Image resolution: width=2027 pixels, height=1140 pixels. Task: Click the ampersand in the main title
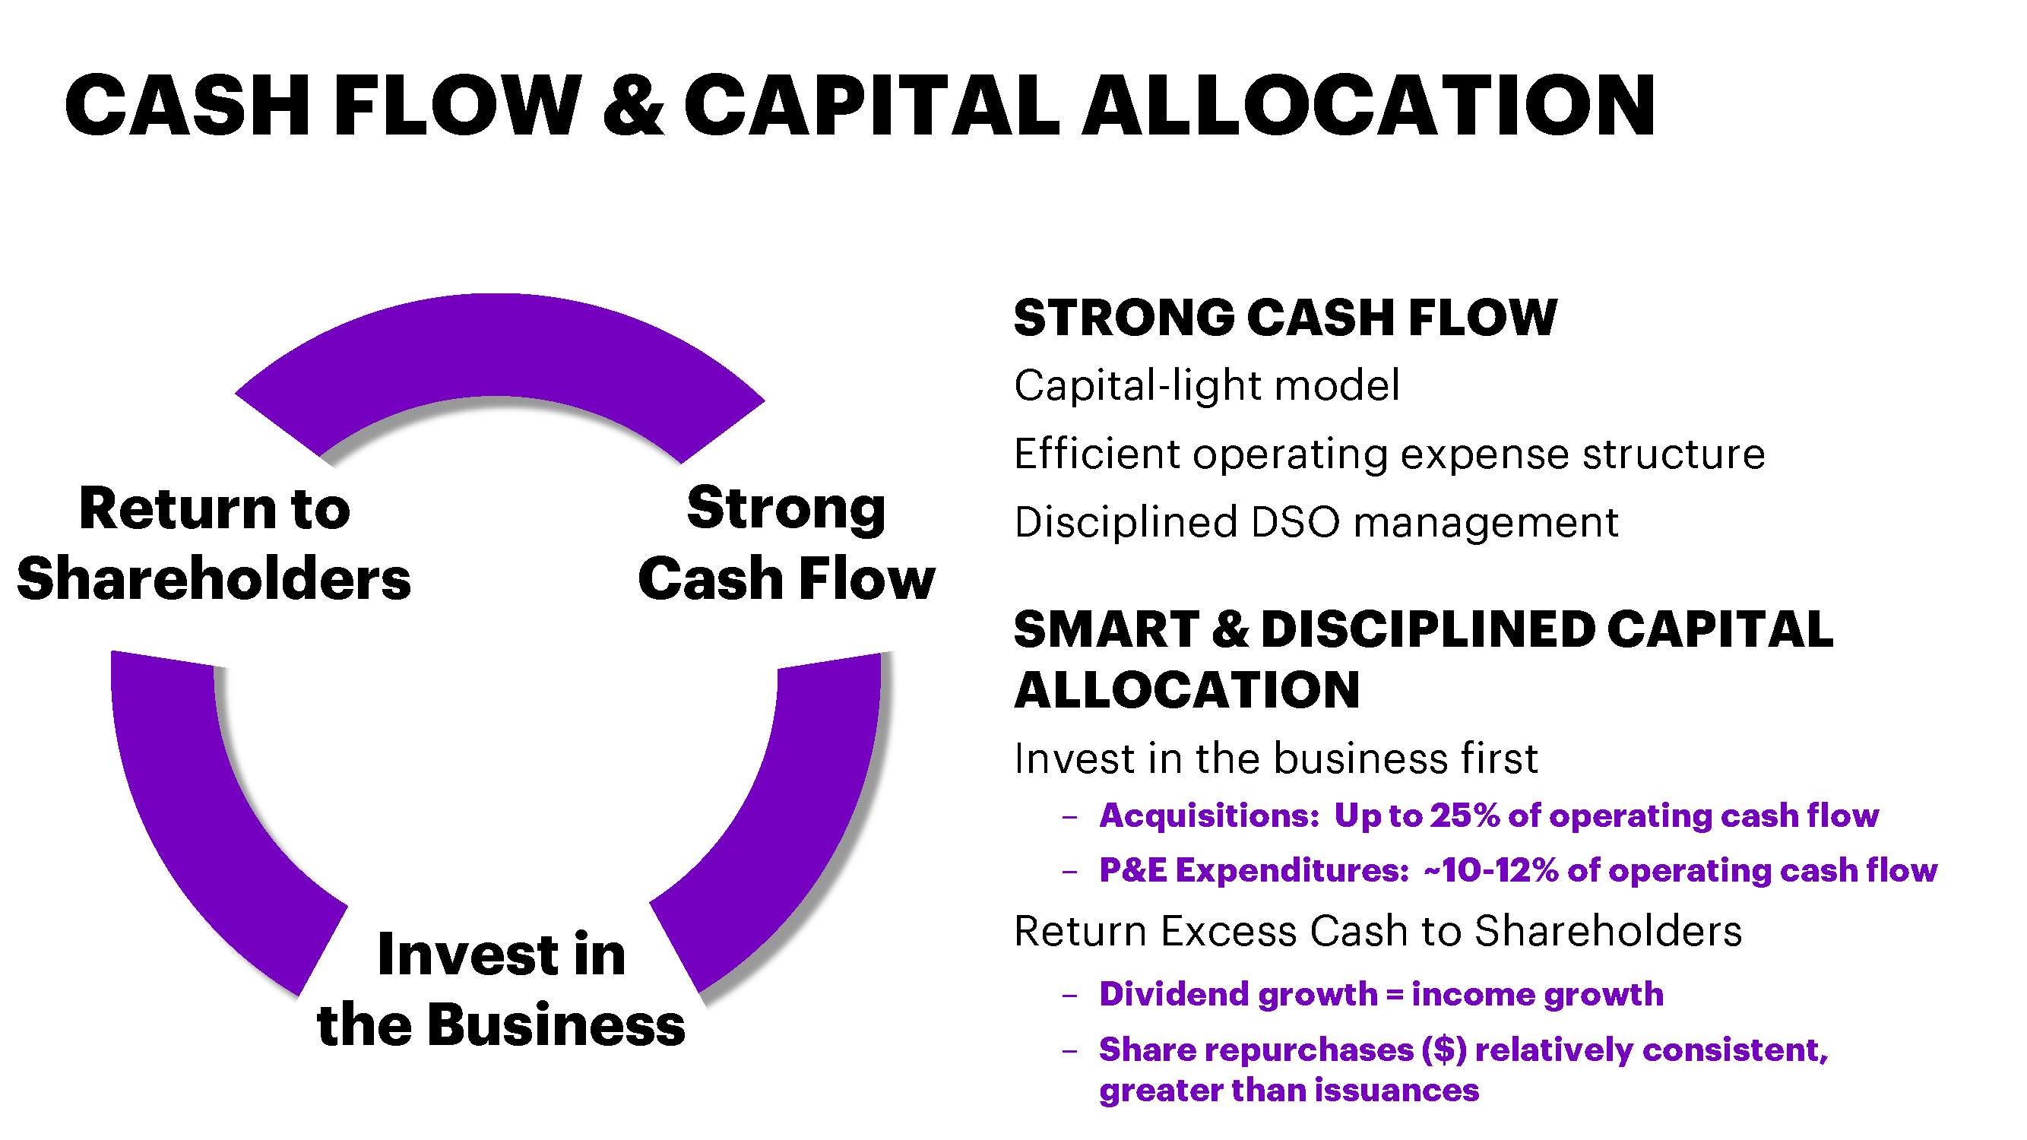(633, 105)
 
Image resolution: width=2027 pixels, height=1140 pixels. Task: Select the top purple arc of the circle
(499, 346)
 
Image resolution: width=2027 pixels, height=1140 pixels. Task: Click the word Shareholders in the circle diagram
(214, 578)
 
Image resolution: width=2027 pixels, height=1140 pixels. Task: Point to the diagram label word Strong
(786, 510)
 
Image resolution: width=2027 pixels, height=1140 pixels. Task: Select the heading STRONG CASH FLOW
(1285, 317)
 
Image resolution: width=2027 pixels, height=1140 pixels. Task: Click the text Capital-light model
(1207, 385)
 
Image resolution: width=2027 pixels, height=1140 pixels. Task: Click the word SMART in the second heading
(1106, 629)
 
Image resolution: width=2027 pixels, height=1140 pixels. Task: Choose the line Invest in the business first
(1275, 758)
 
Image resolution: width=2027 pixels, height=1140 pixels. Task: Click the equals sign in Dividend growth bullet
(1395, 994)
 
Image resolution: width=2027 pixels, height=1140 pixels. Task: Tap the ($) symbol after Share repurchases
(1444, 1050)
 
